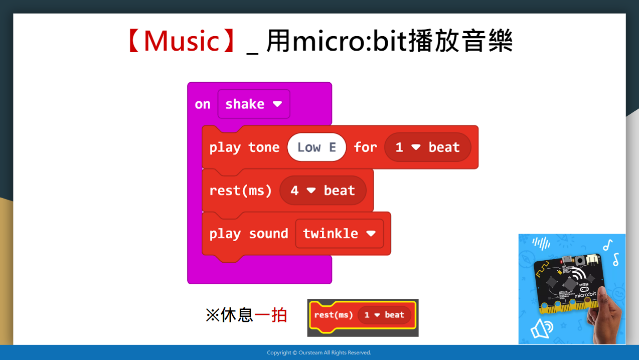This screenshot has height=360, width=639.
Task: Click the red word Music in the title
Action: [182, 41]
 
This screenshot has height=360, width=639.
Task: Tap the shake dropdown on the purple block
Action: [254, 104]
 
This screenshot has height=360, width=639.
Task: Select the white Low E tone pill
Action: [316, 147]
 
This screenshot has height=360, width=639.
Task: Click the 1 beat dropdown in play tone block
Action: [427, 147]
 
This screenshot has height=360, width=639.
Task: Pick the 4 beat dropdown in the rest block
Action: [323, 190]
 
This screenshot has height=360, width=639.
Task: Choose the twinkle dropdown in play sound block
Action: [340, 234]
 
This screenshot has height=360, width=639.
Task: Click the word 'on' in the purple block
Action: [203, 104]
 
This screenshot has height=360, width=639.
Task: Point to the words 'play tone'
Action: [244, 148]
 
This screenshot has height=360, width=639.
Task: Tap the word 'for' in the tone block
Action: [366, 147]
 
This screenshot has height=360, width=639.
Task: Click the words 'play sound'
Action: [249, 234]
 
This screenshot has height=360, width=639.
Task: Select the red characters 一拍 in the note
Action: [270, 315]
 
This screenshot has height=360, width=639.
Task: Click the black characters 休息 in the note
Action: [237, 315]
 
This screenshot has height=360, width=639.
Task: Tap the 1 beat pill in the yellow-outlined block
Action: [384, 315]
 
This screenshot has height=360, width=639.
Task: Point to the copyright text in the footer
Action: [319, 352]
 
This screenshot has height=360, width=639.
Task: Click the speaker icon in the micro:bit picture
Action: [541, 328]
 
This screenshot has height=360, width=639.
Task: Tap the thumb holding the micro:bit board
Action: [604, 298]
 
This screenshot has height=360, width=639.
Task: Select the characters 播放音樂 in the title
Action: [460, 41]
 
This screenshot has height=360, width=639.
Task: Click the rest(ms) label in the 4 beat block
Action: [240, 191]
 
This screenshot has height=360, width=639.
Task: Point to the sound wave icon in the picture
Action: [541, 244]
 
